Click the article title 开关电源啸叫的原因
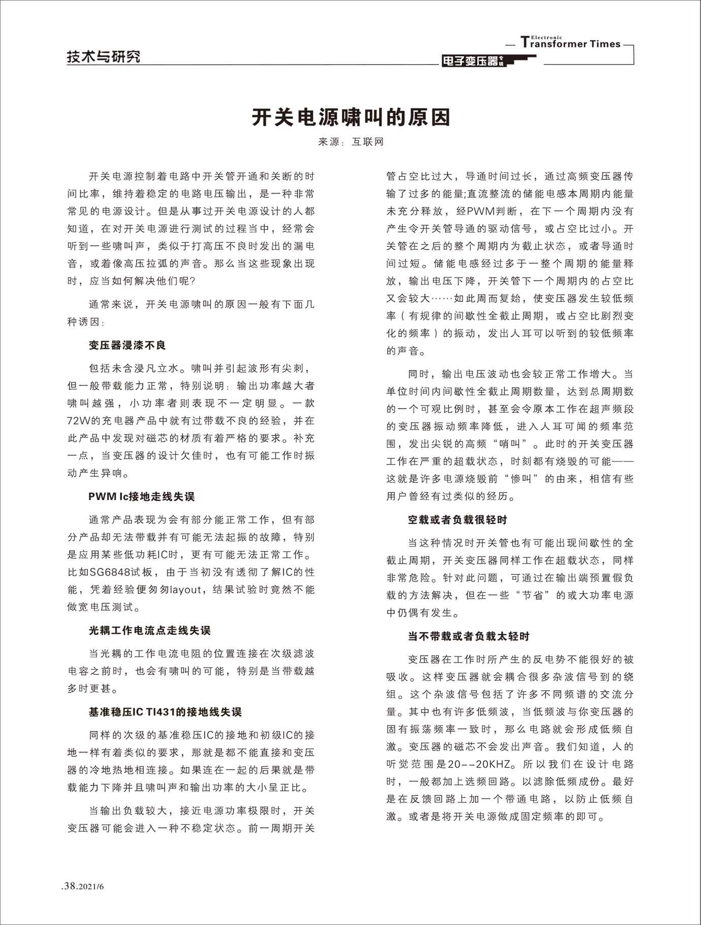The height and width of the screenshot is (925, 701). click(x=351, y=117)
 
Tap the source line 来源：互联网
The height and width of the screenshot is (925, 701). click(x=350, y=142)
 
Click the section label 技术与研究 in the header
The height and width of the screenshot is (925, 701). click(x=104, y=56)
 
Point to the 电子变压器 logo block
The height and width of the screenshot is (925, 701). click(x=472, y=61)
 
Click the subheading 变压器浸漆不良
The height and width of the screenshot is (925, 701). click(x=127, y=346)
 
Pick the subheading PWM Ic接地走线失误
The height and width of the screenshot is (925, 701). click(x=141, y=497)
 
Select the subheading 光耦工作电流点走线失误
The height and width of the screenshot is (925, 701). click(x=149, y=631)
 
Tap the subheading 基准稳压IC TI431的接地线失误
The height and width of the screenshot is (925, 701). click(x=165, y=713)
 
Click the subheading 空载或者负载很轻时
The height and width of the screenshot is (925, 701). click(x=457, y=520)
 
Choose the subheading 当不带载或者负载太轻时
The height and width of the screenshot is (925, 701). click(x=468, y=636)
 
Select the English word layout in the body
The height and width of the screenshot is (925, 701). click(x=185, y=590)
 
